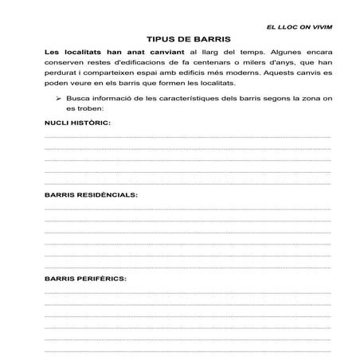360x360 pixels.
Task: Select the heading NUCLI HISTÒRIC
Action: coord(77,123)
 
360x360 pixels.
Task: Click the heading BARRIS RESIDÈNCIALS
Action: coord(91,194)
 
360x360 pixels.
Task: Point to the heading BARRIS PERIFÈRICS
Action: coord(86,279)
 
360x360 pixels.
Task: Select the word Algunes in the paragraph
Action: coord(273,53)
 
